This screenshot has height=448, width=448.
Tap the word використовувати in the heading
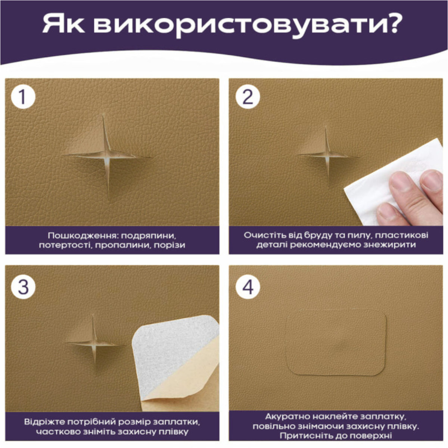(x=238, y=25)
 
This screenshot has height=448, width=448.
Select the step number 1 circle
(x=23, y=96)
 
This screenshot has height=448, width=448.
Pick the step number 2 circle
(x=248, y=96)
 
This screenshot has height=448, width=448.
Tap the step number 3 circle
(x=23, y=287)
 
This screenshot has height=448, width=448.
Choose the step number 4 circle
(x=248, y=287)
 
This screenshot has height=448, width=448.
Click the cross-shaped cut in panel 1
(x=107, y=156)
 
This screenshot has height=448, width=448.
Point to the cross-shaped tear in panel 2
(x=327, y=156)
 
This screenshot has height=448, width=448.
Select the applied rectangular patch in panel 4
(x=336, y=344)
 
